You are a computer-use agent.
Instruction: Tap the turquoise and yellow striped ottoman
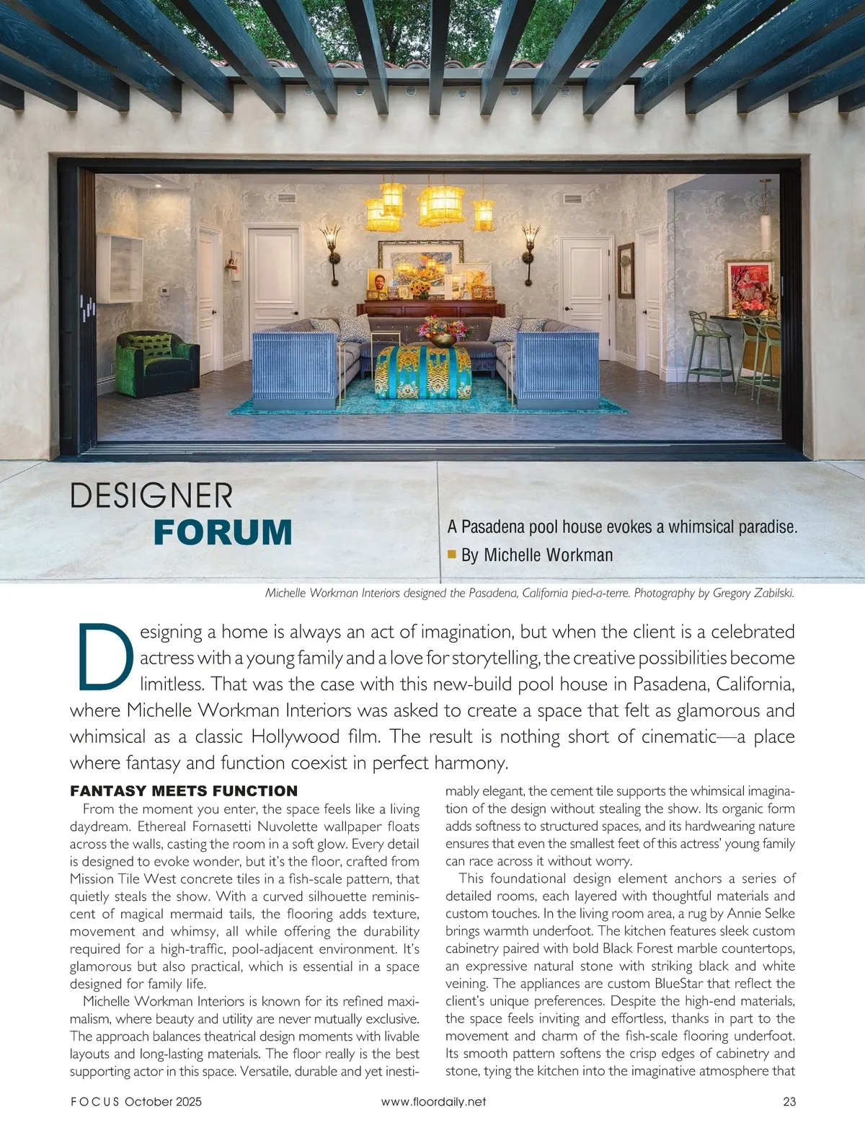pyautogui.click(x=423, y=371)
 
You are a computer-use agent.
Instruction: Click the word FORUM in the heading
pyautogui.click(x=223, y=532)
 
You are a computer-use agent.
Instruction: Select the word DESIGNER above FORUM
pyautogui.click(x=151, y=496)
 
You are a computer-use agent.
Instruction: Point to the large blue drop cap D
pyautogui.click(x=103, y=656)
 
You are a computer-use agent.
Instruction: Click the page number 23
pyautogui.click(x=789, y=1101)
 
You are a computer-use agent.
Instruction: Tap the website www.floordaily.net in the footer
pyautogui.click(x=433, y=1101)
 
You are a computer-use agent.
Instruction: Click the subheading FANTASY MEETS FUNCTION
pyautogui.click(x=184, y=790)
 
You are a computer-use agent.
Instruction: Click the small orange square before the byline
pyautogui.click(x=452, y=554)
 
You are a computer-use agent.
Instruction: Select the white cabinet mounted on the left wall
pyautogui.click(x=121, y=267)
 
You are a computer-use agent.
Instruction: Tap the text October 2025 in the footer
pyautogui.click(x=163, y=1101)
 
